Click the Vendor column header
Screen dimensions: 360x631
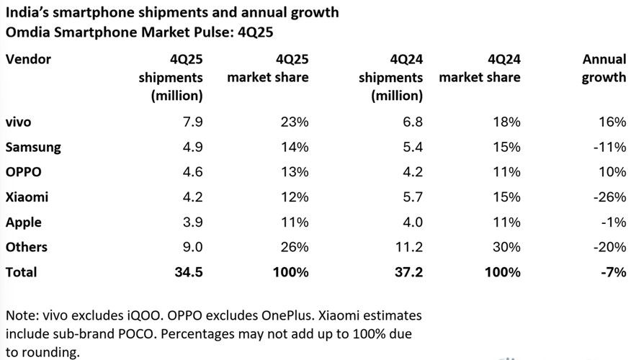pyautogui.click(x=28, y=59)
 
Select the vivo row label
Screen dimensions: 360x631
pyautogui.click(x=19, y=122)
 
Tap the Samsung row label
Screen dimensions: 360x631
pyautogui.click(x=33, y=147)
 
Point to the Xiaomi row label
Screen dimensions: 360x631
pyautogui.click(x=27, y=197)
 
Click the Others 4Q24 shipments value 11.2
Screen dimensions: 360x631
pyautogui.click(x=407, y=247)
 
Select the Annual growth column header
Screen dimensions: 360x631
pyautogui.click(x=604, y=68)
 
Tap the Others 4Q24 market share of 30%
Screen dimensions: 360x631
pyautogui.click(x=506, y=247)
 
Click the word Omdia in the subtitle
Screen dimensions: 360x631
pyautogui.click(x=26, y=33)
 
